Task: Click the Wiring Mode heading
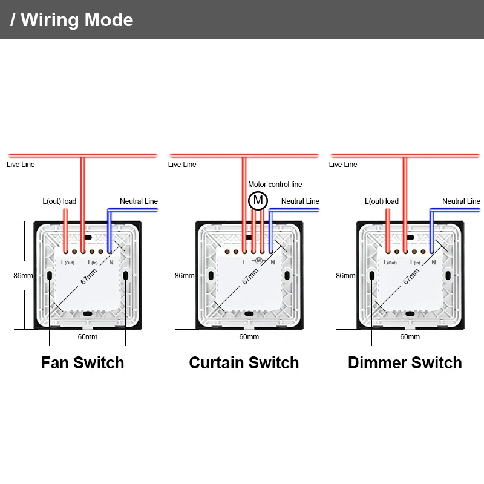72,19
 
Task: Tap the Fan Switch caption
82,362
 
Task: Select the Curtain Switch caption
244,362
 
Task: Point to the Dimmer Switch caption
405,362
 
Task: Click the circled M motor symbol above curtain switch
258,200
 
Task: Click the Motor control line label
275,185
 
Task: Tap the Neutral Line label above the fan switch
139,201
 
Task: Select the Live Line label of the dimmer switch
343,165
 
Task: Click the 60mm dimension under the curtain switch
249,337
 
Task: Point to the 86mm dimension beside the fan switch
23,276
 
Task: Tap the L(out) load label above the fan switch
59,201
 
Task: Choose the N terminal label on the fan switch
111,263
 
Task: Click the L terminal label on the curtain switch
244,263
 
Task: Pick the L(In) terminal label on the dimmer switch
415,263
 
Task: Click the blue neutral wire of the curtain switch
293,210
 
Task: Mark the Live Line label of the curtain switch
182,165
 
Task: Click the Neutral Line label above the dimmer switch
461,201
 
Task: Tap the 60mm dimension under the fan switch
87,337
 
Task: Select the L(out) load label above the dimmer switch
382,201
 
